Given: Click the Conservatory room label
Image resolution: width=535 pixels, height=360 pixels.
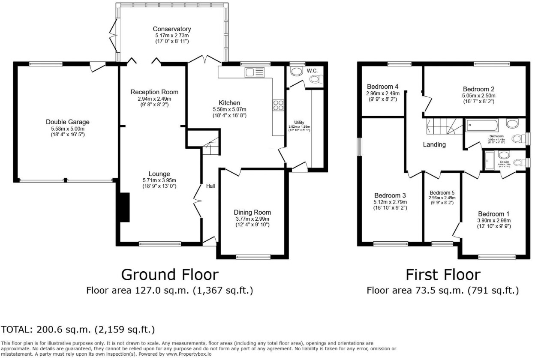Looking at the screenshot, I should click(x=171, y=29).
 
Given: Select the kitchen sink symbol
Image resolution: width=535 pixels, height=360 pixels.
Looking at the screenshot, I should click(x=250, y=72).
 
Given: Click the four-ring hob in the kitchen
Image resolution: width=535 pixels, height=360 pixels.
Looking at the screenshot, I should click(x=277, y=105).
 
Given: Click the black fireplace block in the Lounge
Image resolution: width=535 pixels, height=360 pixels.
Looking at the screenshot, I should click(x=124, y=207).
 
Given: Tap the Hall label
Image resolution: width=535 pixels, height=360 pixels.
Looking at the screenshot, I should click(x=210, y=186).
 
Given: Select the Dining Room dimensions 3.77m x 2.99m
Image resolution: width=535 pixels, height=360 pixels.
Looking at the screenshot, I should click(x=252, y=219).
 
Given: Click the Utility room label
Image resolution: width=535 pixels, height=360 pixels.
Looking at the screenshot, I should click(x=299, y=123).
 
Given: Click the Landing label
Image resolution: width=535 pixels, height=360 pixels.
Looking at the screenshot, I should click(x=434, y=145).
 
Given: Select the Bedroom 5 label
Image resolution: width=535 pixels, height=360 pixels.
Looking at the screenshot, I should click(x=442, y=192).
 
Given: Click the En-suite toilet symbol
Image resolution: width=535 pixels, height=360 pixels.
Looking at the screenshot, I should click(x=518, y=162).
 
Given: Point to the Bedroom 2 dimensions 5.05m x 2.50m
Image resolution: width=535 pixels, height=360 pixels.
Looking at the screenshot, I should click(x=475, y=96).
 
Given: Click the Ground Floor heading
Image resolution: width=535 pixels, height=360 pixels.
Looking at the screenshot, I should click(x=169, y=274).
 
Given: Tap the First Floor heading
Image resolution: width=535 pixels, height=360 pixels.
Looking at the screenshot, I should click(x=443, y=274).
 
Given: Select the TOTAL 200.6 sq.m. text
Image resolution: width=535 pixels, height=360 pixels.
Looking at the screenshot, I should click(x=78, y=330).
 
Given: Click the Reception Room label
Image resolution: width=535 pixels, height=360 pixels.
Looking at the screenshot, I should click(x=154, y=92).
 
